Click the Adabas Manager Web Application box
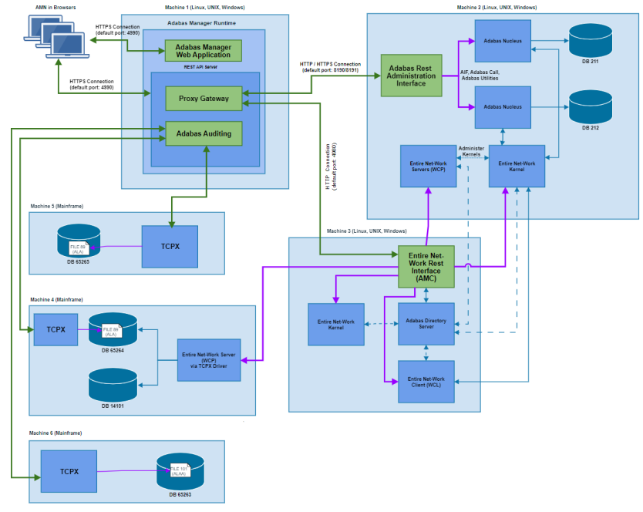[204, 51]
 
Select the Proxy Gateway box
[204, 99]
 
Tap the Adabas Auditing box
[204, 133]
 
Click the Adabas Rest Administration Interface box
[411, 76]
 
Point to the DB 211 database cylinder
[590, 40]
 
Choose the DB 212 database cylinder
[590, 107]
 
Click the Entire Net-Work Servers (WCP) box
[426, 166]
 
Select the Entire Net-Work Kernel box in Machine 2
[517, 166]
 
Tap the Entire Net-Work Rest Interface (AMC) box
[426, 266]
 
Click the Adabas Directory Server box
[426, 324]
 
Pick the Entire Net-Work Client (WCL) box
[426, 382]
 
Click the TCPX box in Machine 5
[170, 247]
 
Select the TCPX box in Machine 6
[69, 471]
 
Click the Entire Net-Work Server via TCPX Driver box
[209, 359]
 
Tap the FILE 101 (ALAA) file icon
[180, 471]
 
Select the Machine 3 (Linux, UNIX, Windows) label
[366, 231]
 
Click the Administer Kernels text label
[470, 151]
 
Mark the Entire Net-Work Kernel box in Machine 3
[335, 324]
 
